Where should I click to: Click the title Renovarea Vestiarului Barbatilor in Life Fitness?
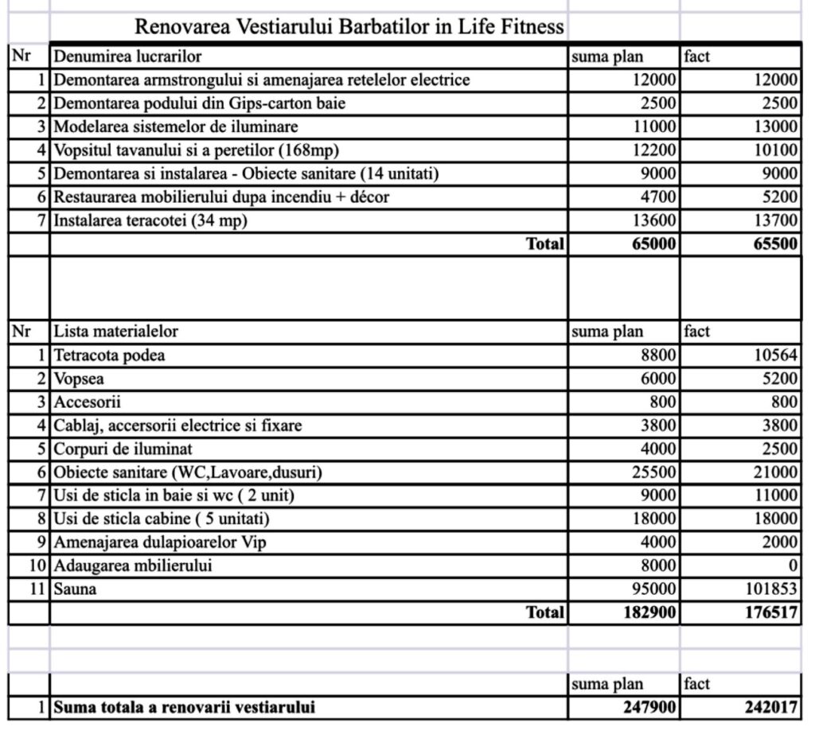(x=349, y=27)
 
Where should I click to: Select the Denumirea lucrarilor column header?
(x=127, y=56)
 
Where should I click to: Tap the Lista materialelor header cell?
(x=116, y=332)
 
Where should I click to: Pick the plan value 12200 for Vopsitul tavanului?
(x=654, y=150)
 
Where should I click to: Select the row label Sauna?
(x=75, y=589)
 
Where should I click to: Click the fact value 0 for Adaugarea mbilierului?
(x=793, y=566)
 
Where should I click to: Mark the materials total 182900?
(x=649, y=613)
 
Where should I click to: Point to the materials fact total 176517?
(x=770, y=613)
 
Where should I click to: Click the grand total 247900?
(x=649, y=707)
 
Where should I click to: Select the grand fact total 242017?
(x=770, y=707)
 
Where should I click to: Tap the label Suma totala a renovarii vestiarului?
(x=184, y=707)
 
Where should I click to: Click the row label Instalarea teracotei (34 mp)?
(x=150, y=221)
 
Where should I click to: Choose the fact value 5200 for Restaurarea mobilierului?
(x=775, y=197)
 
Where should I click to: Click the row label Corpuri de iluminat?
(x=123, y=449)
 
